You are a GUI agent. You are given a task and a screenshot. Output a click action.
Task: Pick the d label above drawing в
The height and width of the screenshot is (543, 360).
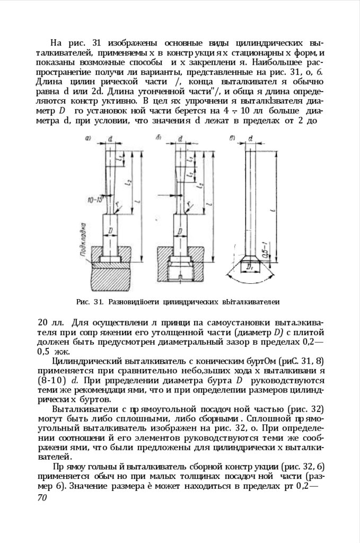pos(250,138)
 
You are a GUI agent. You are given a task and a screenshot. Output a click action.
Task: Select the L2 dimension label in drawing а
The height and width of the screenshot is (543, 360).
pos(128,183)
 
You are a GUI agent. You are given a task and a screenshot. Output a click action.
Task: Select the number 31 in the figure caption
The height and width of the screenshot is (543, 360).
pos(97,302)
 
